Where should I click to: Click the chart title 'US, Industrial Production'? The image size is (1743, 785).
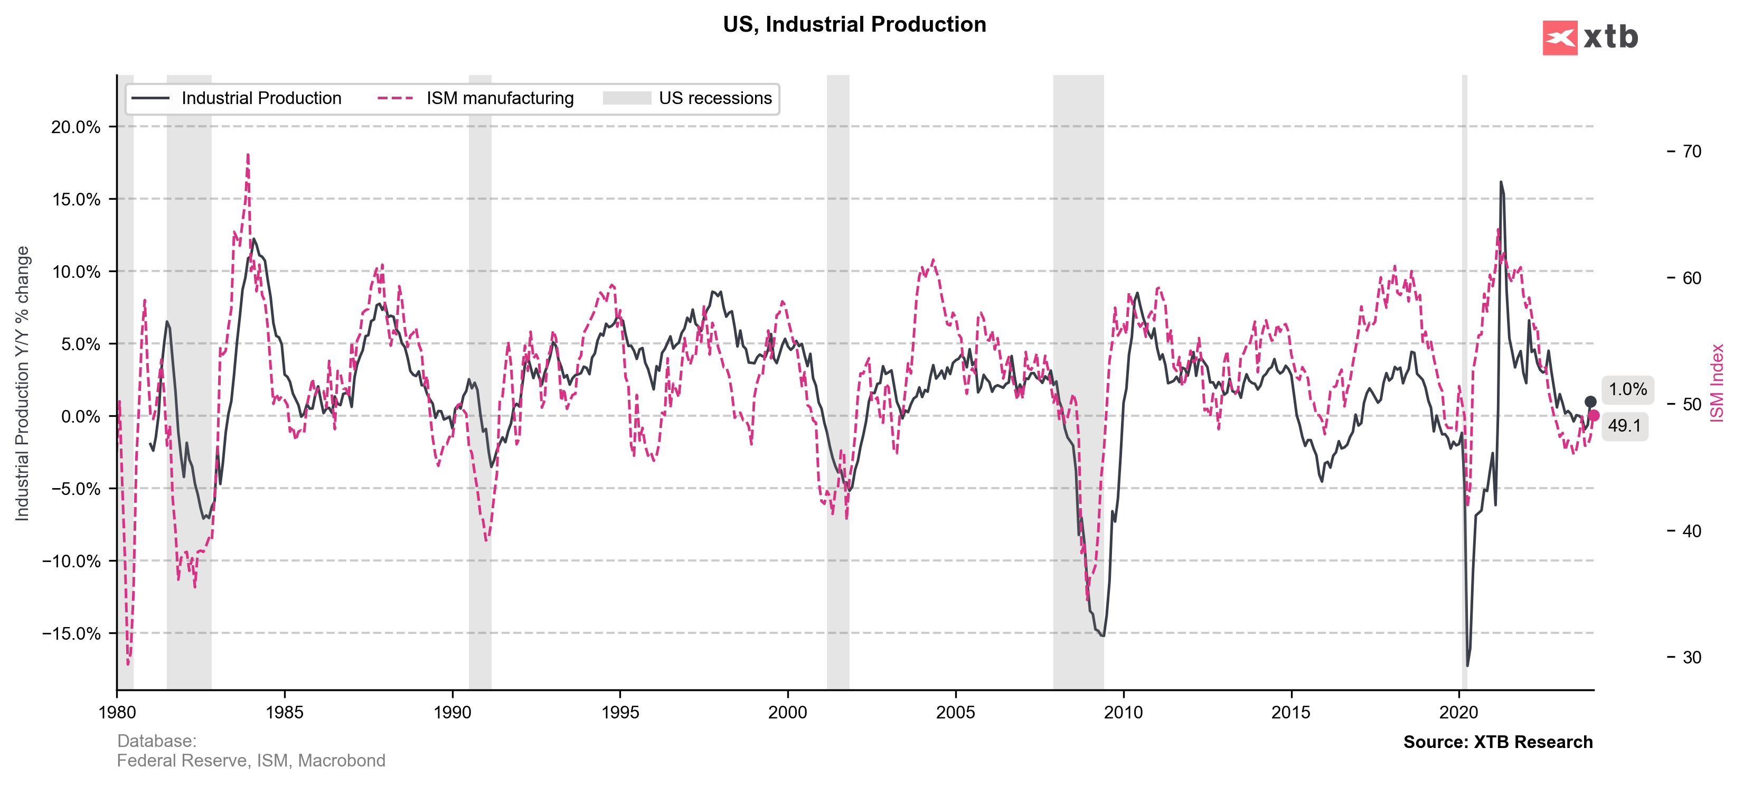point(854,24)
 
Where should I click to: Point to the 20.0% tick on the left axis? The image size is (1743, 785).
point(76,127)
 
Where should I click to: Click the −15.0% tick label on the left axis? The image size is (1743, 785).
point(71,633)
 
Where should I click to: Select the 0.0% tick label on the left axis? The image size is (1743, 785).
point(80,417)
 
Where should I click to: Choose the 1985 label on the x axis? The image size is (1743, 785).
point(284,713)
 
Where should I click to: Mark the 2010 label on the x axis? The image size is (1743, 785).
point(1123,713)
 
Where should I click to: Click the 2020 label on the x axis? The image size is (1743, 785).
point(1459,713)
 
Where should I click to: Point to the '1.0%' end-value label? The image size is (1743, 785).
point(1627,390)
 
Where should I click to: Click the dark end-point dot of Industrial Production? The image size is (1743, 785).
point(1590,402)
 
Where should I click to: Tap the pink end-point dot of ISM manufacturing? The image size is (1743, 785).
point(1594,416)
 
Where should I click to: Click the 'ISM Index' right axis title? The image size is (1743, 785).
point(1717,384)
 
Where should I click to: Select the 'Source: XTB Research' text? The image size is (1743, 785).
point(1497,742)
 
